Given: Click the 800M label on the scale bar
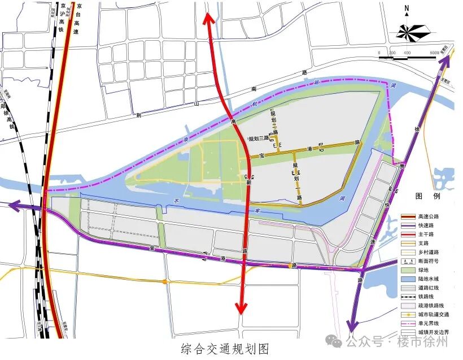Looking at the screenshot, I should [x=434, y=53].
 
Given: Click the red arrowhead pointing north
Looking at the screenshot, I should [x=208, y=18].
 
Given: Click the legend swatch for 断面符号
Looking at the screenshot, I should [x=408, y=261].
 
